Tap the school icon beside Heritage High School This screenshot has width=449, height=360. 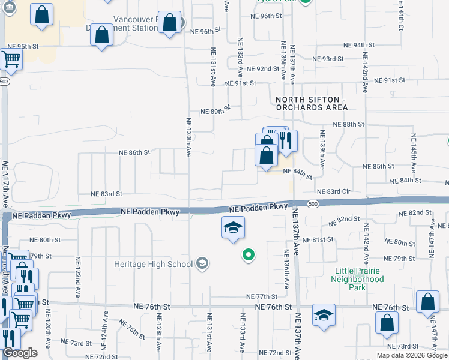click(202, 263)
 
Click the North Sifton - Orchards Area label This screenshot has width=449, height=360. click(312, 103)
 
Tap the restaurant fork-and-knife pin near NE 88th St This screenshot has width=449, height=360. click(286, 142)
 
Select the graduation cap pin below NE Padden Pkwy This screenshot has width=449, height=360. click(233, 228)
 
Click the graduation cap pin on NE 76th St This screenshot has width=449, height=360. click(324, 315)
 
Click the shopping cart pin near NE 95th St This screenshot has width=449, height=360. click(11, 59)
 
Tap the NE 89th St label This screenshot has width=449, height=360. click(215, 112)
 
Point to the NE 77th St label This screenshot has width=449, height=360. click(262, 296)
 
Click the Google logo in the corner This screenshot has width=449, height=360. click(19, 352)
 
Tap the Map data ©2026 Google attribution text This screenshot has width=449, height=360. click(412, 355)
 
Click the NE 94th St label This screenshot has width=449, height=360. click(358, 45)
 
